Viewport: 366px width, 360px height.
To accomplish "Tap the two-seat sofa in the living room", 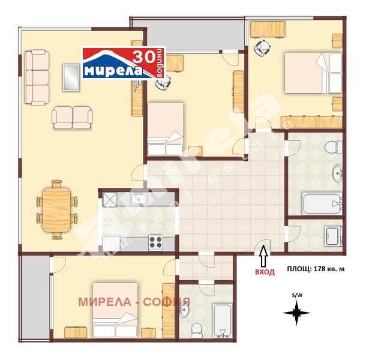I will pos(71,118).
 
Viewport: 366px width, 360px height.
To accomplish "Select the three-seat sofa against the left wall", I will pos(37,76).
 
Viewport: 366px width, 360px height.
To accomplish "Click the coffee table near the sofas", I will pos(71,77).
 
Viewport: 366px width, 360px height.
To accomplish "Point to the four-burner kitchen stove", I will pos(156,242).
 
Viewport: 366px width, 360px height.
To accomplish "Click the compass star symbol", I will pos(296,313).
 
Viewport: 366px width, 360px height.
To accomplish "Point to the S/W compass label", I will pos(296,295).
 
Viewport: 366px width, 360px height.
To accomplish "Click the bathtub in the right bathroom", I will pos(322,203).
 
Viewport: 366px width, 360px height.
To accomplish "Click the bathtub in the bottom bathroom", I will pos(221,320).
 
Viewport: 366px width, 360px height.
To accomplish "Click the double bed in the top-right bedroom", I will pos(310,72).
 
